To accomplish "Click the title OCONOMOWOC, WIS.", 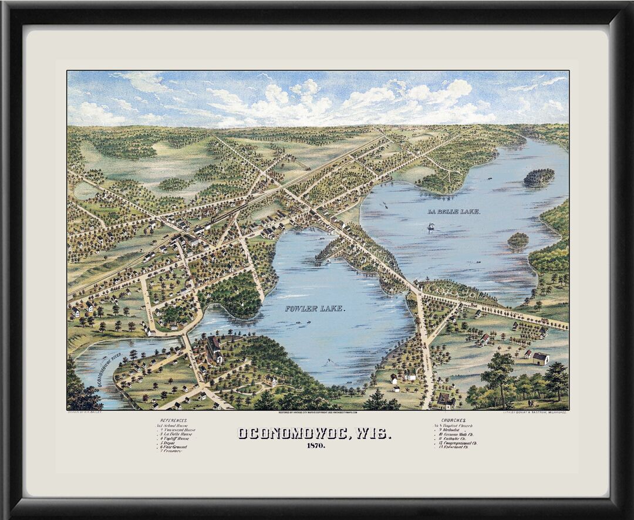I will pos(314,434).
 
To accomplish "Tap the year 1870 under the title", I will pos(315,446).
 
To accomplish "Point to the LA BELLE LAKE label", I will pos(454,211).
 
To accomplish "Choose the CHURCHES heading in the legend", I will pos(453,420).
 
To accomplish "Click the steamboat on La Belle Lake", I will pos(431,227).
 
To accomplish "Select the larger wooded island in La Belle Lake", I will pos(539,177).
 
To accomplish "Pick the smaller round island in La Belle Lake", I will pos(518,239).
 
